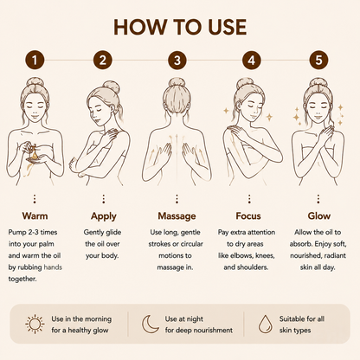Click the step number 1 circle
point(35,61)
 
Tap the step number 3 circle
point(177,61)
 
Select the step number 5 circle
point(318,61)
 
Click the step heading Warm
point(35,215)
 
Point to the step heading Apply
point(104,216)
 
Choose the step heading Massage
point(177,216)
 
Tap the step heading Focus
point(248,215)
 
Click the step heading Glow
point(318,215)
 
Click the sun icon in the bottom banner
point(35,324)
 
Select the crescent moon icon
point(150,324)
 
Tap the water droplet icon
point(265,325)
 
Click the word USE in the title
point(227,28)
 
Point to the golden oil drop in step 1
point(35,155)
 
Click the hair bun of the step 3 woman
point(177,82)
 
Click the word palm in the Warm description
point(46,244)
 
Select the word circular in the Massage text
point(192,244)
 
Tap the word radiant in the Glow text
point(335,255)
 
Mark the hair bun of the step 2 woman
point(112,87)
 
